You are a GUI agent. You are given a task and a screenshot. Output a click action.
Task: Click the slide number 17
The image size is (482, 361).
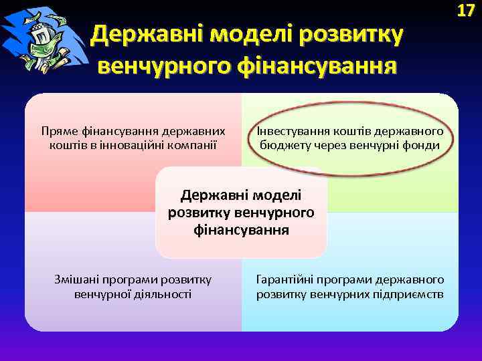(x=466, y=11)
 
